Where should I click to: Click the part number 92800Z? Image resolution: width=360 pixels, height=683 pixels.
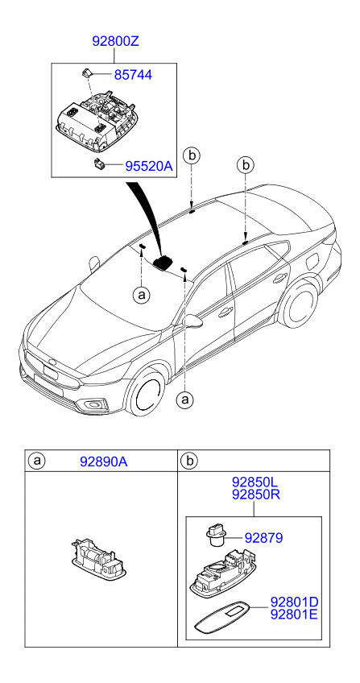(116, 41)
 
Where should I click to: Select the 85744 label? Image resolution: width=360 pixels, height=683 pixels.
(133, 75)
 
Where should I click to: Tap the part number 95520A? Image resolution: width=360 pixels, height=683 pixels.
(149, 166)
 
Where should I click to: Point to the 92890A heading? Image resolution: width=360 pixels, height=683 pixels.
(104, 462)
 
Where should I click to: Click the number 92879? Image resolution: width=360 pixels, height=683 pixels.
(263, 538)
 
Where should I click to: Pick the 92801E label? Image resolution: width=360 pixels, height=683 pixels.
(294, 615)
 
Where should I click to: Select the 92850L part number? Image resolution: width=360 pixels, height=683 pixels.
(255, 482)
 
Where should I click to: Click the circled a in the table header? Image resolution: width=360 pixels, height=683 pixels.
(37, 461)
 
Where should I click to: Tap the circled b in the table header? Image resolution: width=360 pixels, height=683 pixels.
(189, 461)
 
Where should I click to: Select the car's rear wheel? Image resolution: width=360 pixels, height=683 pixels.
(300, 304)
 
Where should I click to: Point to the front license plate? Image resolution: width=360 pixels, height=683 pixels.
(51, 371)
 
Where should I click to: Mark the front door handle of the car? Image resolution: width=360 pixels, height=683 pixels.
(225, 312)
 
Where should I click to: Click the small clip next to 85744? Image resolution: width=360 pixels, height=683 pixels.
(85, 72)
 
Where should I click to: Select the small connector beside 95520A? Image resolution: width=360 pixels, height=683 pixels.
(98, 164)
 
